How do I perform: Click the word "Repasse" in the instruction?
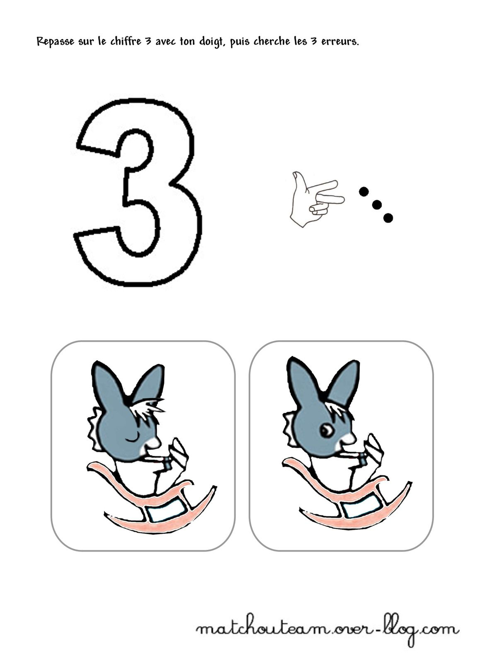[56, 41]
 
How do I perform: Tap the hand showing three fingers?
[316, 198]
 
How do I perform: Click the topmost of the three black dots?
[364, 192]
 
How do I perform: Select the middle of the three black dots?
[376, 205]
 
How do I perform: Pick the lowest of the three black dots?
[388, 218]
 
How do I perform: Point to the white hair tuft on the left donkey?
[147, 408]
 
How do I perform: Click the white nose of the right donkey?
[349, 437]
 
